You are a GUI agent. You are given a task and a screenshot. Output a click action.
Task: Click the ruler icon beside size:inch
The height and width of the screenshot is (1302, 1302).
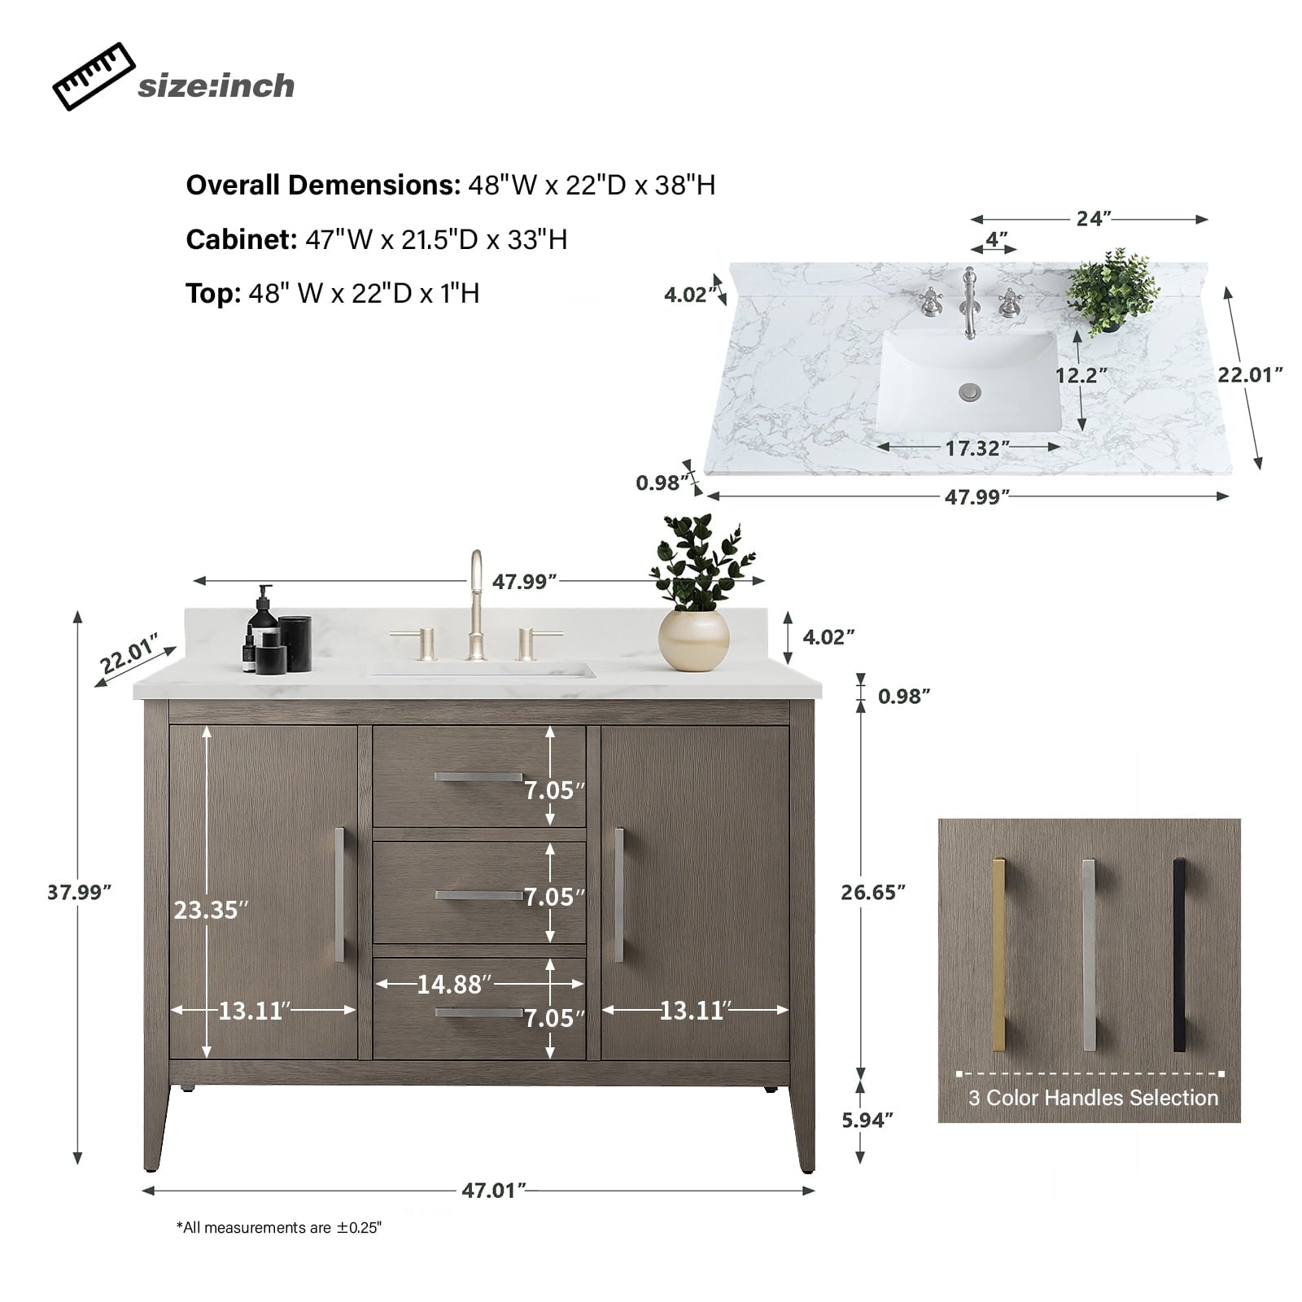[x=94, y=76]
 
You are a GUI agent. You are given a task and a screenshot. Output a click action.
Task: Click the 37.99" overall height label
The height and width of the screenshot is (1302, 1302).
[x=79, y=892]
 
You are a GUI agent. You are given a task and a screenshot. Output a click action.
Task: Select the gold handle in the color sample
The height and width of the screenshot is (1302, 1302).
[x=999, y=955]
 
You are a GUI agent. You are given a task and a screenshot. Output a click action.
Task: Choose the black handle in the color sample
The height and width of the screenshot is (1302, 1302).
[x=1179, y=955]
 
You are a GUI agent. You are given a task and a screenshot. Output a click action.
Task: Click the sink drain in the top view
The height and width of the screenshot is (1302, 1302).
[x=969, y=392]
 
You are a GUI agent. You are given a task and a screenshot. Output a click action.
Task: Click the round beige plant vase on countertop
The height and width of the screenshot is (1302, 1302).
[x=693, y=640]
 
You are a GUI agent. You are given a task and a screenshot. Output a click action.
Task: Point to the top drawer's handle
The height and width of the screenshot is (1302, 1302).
[x=478, y=777]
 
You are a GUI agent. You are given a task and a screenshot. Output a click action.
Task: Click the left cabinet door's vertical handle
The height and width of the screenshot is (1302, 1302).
[x=340, y=894]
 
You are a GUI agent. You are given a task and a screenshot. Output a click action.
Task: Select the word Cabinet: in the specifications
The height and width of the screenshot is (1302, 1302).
[x=242, y=239]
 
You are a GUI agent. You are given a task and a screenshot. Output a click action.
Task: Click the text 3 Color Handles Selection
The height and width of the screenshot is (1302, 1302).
[x=1093, y=1098]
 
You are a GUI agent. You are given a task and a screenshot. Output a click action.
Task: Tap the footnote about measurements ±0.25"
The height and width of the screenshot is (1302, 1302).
[x=279, y=1228]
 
